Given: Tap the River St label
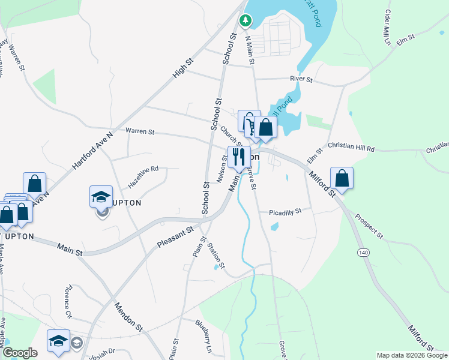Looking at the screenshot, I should click(x=301, y=79).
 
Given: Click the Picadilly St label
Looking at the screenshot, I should click(x=285, y=212).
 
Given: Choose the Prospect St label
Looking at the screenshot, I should click(x=368, y=225).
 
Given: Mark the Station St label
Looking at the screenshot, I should click(x=215, y=256).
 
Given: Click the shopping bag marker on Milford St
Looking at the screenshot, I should click(x=342, y=178).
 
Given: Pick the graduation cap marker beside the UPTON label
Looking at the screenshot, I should click(x=101, y=196).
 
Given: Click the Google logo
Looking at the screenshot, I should click(x=19, y=353).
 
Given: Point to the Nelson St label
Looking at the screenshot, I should click(x=221, y=170).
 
